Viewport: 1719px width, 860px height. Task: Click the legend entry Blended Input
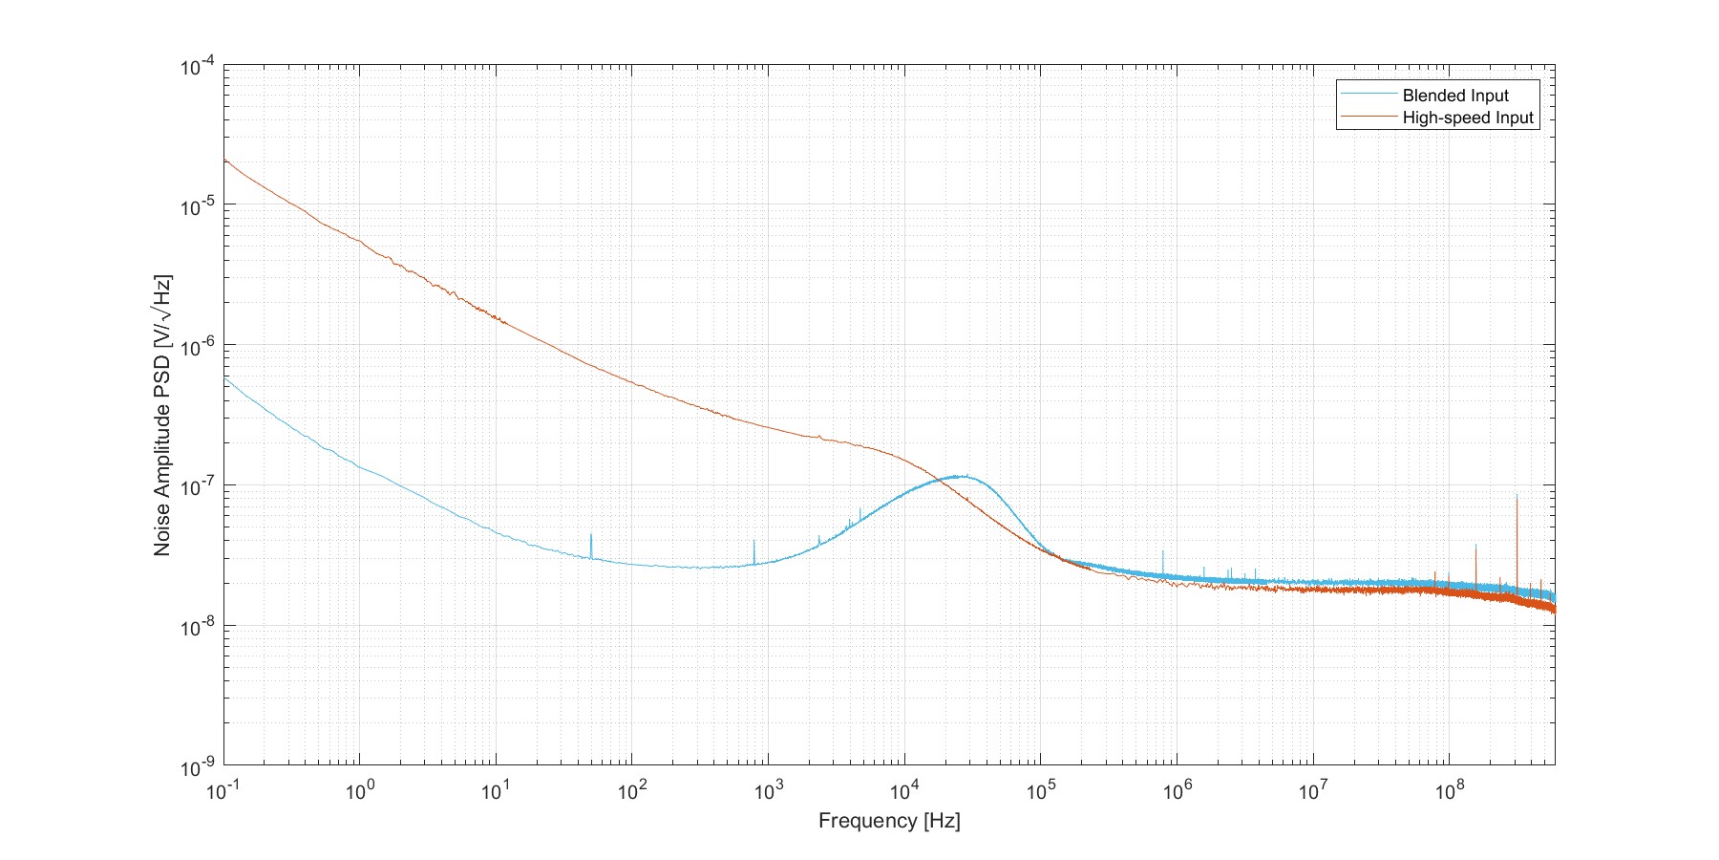point(1454,96)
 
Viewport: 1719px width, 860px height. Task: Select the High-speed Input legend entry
point(1467,118)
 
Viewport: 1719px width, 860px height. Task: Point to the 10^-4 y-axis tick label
point(197,67)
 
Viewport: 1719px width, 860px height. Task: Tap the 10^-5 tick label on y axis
point(197,206)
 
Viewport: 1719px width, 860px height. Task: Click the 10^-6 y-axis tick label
point(197,346)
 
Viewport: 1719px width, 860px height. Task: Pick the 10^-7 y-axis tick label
point(197,486)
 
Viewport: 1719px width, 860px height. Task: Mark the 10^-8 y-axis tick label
point(197,627)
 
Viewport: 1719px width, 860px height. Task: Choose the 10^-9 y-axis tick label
point(197,766)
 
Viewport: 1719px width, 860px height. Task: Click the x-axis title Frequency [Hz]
point(888,821)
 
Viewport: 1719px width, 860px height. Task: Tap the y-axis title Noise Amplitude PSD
point(163,416)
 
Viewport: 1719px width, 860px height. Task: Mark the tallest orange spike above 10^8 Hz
point(1516,497)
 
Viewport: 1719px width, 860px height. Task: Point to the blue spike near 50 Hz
point(591,536)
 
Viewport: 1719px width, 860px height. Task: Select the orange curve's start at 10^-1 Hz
point(224,160)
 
